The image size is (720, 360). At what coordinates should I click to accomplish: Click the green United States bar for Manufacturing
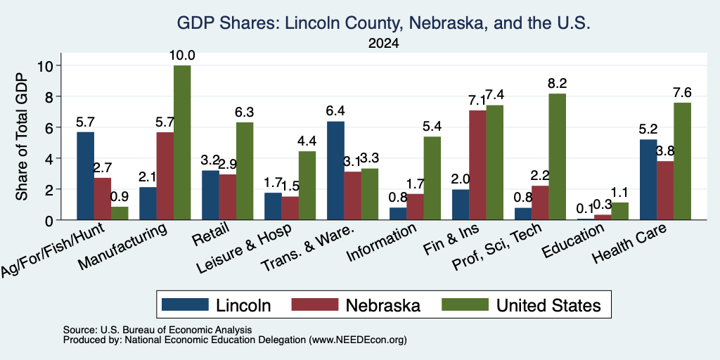(x=182, y=142)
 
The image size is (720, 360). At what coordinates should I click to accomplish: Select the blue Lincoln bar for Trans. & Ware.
(x=335, y=170)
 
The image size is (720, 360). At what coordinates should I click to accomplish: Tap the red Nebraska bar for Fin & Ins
(x=477, y=165)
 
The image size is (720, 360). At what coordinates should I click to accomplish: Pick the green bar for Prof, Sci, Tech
(x=557, y=157)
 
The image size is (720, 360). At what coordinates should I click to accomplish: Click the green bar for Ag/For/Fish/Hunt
(x=120, y=213)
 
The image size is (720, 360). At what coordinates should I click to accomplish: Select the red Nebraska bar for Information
(x=415, y=207)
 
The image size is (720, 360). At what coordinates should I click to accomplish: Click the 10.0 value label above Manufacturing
(x=182, y=56)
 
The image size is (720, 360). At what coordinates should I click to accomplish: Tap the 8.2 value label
(x=557, y=84)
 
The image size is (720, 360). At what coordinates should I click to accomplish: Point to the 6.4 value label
(x=335, y=111)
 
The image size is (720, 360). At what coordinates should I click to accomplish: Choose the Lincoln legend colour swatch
(x=185, y=304)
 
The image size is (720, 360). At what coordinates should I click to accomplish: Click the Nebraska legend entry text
(x=382, y=305)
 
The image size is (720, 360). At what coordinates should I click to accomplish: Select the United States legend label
(x=548, y=305)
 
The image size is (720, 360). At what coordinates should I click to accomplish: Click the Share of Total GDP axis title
(x=22, y=136)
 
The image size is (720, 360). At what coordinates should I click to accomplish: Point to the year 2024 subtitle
(x=383, y=44)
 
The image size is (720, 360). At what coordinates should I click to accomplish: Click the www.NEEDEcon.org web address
(x=358, y=340)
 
